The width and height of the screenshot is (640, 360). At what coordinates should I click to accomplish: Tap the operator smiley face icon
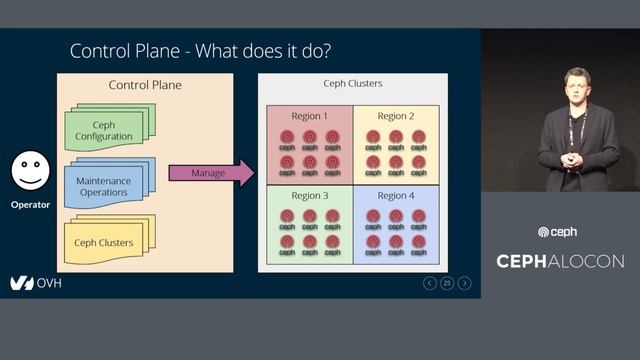31,171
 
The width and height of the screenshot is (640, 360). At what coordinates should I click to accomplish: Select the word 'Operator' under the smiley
31,205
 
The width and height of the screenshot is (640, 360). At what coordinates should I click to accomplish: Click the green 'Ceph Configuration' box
103,129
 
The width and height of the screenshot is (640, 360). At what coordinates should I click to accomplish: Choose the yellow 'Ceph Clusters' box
103,241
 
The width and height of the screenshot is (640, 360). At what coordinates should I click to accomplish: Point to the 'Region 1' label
309,116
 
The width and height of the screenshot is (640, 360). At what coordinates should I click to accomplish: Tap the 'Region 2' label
396,116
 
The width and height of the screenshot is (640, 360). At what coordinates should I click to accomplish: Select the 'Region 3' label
309,195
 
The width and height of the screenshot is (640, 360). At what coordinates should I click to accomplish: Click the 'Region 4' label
396,195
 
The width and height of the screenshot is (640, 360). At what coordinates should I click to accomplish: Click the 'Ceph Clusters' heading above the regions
352,84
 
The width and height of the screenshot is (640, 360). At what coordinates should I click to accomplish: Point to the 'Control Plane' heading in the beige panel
145,86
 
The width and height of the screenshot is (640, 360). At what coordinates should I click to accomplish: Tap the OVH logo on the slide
36,283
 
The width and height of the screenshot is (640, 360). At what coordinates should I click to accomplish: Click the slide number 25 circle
447,283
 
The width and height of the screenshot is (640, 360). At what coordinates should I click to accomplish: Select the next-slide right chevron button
465,283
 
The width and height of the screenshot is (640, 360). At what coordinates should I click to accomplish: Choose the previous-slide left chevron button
430,283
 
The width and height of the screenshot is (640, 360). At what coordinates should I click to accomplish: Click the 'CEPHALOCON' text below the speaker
560,261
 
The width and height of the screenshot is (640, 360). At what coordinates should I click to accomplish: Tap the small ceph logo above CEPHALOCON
557,232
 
